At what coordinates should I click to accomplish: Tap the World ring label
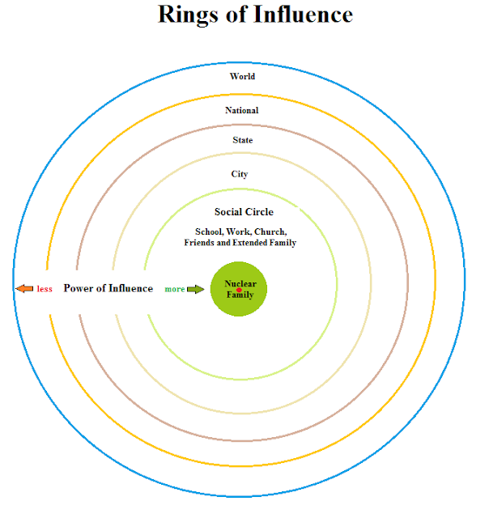[x=242, y=77]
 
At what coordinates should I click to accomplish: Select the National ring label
[x=242, y=110]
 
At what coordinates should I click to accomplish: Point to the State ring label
[x=242, y=141]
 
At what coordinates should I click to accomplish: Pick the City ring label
[x=240, y=174]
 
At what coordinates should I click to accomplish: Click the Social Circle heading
[x=244, y=212]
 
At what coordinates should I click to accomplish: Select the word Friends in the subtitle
[x=198, y=243]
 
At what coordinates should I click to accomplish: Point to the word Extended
[x=254, y=243]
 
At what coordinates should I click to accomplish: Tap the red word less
[x=45, y=289]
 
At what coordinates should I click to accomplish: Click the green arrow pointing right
[x=196, y=289]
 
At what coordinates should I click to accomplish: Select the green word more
[x=175, y=289]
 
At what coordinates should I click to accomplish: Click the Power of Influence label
[x=108, y=288]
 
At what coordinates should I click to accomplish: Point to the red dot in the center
[x=240, y=290]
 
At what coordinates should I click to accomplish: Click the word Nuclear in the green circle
[x=240, y=284]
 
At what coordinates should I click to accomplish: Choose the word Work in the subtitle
[x=240, y=231]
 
